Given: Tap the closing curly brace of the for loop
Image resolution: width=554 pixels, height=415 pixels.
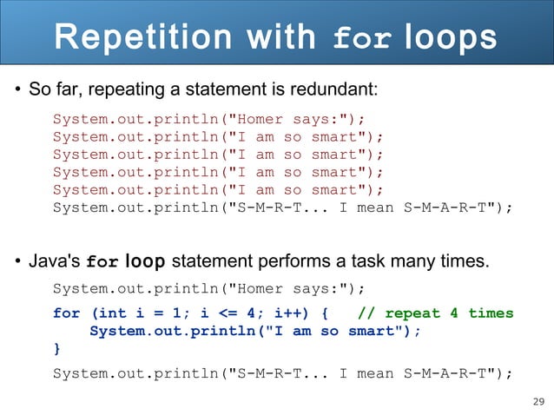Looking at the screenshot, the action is pos(57,349).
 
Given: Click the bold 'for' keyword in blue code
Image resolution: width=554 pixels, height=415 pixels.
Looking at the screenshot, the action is pos(67,313).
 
